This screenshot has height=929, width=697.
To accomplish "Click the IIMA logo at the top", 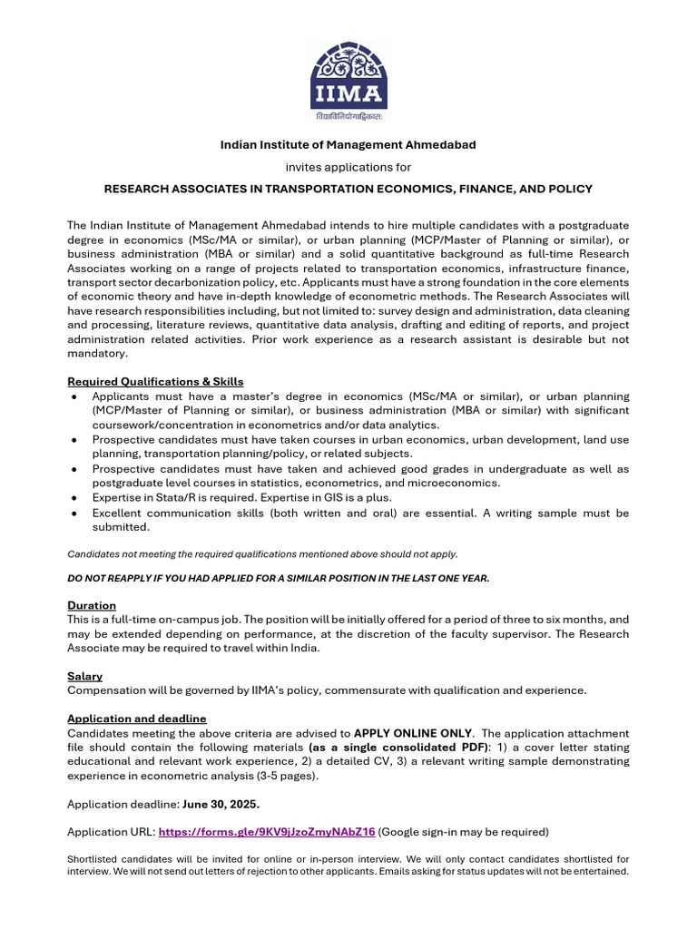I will tap(348, 78).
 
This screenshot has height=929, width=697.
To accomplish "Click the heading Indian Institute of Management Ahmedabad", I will tap(348, 145).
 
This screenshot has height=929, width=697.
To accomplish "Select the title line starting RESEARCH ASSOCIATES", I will tap(348, 189).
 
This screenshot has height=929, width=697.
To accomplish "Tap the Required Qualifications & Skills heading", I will tap(155, 381).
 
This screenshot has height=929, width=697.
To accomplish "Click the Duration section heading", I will tap(92, 605).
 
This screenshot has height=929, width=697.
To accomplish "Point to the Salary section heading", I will tap(84, 676).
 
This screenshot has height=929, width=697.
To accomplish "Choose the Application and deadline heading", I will tap(137, 719).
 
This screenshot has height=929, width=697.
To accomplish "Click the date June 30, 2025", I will tap(221, 804).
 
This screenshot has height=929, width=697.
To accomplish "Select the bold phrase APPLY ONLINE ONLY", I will tap(413, 733).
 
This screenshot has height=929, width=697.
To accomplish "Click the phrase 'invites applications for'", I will tap(348, 167).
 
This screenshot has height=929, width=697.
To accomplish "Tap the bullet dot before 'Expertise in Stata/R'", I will tap(73, 499).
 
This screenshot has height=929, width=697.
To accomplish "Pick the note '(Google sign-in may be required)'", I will tap(464, 831).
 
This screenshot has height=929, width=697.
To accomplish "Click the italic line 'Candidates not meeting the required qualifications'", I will tap(263, 553).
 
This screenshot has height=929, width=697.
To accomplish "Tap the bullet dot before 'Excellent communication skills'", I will tap(73, 513).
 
